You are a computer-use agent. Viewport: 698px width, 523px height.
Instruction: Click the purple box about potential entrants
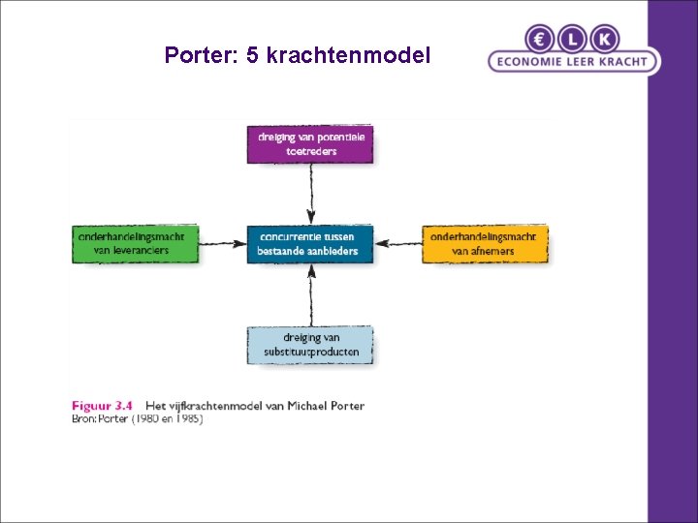click(x=309, y=144)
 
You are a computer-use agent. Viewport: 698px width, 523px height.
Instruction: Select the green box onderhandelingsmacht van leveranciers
click(x=135, y=243)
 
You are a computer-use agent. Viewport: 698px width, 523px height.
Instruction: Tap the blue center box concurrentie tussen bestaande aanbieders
click(x=309, y=243)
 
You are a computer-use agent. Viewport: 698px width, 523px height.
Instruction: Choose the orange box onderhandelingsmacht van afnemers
click(x=485, y=243)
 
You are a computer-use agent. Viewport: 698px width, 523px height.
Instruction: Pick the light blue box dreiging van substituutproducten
click(x=309, y=345)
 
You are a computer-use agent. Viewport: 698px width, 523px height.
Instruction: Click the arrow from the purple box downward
click(x=310, y=194)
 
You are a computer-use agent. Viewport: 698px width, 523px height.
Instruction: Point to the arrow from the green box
click(x=222, y=243)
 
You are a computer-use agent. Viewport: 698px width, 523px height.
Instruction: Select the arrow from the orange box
click(x=397, y=243)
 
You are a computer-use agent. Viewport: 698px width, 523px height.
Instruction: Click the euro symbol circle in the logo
click(x=540, y=38)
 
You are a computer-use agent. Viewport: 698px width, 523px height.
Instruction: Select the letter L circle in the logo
click(x=572, y=38)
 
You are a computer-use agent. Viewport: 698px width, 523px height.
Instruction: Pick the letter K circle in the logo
click(x=604, y=38)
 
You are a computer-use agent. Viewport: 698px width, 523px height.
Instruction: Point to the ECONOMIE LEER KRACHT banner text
click(x=573, y=61)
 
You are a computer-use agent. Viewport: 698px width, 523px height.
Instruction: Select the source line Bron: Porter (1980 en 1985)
click(x=137, y=419)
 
